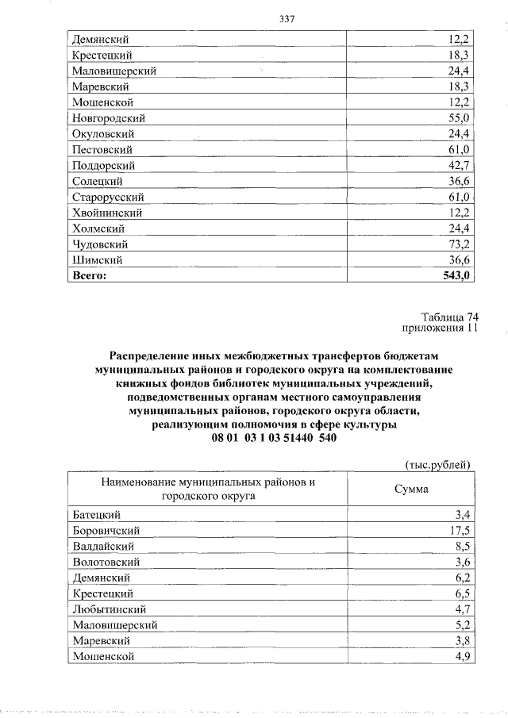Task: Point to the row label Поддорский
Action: pos(103,165)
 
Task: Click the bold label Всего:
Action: pos(88,275)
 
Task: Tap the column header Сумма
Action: pos(411,489)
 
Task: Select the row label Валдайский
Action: pos(102,546)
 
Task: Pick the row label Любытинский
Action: pos(110,609)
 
